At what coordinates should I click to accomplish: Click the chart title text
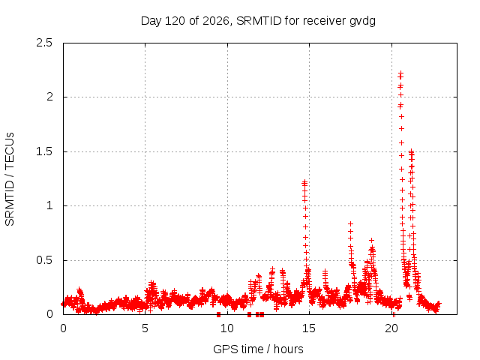pyautogui.click(x=258, y=21)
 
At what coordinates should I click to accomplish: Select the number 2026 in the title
pyautogui.click(x=216, y=21)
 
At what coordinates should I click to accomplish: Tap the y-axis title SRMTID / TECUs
pyautogui.click(x=10, y=179)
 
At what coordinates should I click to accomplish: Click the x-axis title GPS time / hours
pyautogui.click(x=258, y=349)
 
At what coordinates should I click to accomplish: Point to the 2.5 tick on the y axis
pyautogui.click(x=44, y=43)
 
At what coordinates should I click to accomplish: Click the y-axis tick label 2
pyautogui.click(x=49, y=97)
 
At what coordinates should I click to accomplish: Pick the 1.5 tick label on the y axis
pyautogui.click(x=44, y=151)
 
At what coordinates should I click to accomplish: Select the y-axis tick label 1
pyautogui.click(x=49, y=205)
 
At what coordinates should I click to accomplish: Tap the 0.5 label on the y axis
pyautogui.click(x=44, y=260)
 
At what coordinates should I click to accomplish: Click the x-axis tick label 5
pyautogui.click(x=145, y=328)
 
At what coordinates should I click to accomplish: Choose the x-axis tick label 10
pyautogui.click(x=227, y=328)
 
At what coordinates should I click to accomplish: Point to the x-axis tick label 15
pyautogui.click(x=309, y=328)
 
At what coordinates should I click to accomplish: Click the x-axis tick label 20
pyautogui.click(x=391, y=328)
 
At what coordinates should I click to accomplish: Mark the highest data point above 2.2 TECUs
pyautogui.click(x=400, y=73)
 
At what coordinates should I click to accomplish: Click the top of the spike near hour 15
pyautogui.click(x=304, y=182)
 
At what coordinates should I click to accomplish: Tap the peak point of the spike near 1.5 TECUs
pyautogui.click(x=412, y=151)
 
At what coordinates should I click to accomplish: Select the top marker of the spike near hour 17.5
pyautogui.click(x=350, y=223)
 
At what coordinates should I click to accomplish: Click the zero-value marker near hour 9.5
pyautogui.click(x=218, y=314)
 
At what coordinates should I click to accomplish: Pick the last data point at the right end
pyautogui.click(x=438, y=303)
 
